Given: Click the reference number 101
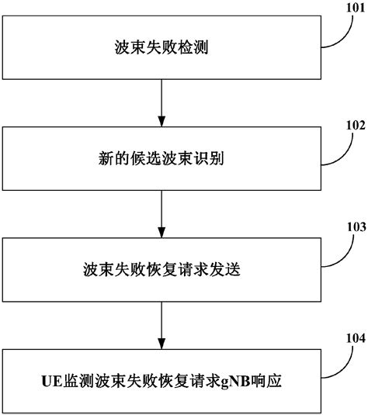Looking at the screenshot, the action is click(356, 8).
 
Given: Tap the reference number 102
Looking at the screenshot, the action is click(356, 125).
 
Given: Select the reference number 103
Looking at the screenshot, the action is click(356, 227).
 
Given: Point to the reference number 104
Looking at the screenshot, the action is click(356, 338).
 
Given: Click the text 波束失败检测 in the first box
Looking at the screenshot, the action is click(161, 47).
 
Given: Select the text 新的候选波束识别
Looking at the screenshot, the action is click(161, 158).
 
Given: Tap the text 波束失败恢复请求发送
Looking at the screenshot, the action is click(161, 270).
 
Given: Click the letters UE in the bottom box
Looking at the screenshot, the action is click(52, 382).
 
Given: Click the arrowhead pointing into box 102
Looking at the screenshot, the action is click(161, 121).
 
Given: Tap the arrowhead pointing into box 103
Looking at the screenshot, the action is click(161, 233).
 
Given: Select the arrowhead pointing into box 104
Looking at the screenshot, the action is click(161, 344).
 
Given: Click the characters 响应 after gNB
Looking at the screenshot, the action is click(266, 381).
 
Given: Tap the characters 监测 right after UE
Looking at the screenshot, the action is click(78, 381).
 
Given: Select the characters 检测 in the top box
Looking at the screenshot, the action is click(193, 47).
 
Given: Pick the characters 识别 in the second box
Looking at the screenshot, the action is click(209, 158).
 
